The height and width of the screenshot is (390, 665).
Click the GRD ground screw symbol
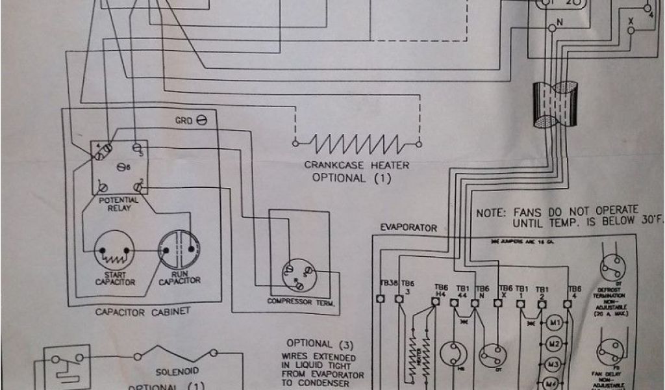tap(201, 121)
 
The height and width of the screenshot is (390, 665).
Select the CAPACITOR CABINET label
tap(142, 311)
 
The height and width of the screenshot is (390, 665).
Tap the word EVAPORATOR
tap(408, 228)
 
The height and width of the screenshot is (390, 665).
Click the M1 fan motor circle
tap(554, 322)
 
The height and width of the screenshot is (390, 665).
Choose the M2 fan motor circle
tap(554, 343)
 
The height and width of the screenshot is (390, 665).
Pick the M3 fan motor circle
tap(554, 363)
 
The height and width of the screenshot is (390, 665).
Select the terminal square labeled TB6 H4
tap(436, 301)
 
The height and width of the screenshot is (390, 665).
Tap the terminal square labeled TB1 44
tap(462, 301)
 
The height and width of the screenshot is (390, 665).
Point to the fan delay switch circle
tap(611, 354)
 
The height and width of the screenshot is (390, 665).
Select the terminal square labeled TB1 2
tap(541, 301)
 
